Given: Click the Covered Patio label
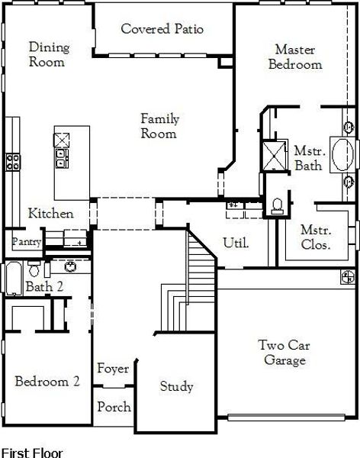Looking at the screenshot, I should coord(162,30).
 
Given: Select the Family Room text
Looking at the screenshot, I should coord(159,126).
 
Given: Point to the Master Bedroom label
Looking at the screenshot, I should coord(294,57).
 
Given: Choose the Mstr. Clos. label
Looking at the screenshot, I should coord(314,237).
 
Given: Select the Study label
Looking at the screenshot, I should coord(176,386).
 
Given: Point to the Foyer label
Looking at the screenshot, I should coord(113,369).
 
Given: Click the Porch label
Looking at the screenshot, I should coord(114,407).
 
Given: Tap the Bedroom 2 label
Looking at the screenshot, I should coord(47,382).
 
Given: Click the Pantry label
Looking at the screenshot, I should coord(25,241).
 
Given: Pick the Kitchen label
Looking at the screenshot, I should coord(51,214).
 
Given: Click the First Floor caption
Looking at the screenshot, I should coord(31,452).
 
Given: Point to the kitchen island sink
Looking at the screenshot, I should coord(61,158).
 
